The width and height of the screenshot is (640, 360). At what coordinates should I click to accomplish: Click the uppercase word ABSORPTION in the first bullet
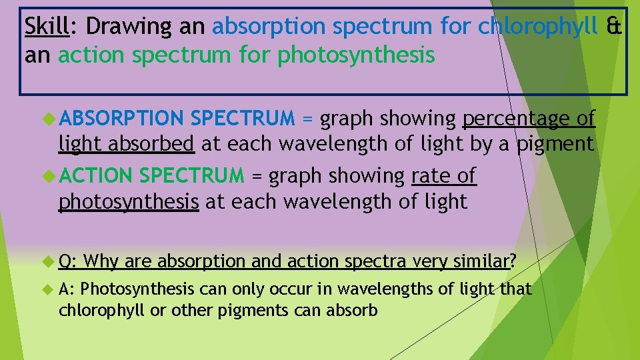coord(121,119)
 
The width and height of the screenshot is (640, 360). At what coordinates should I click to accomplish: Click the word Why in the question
coord(101,261)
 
